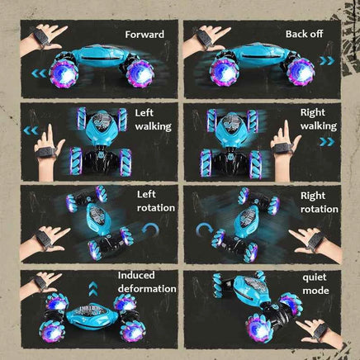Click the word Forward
(x=144, y=35)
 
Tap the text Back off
(x=304, y=34)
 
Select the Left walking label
(x=153, y=120)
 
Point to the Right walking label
(x=319, y=119)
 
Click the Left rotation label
(x=156, y=201)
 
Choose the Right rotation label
(x=320, y=202)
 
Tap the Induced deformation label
(x=147, y=282)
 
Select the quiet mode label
(x=315, y=284)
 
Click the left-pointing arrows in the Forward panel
(x=39, y=73)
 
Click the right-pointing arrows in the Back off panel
(x=327, y=61)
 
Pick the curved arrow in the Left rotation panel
(x=150, y=230)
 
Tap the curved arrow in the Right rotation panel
(x=204, y=230)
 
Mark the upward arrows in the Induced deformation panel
(x=93, y=289)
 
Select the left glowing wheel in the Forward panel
(x=64, y=73)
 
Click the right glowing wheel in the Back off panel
(x=301, y=71)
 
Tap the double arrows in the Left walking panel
(x=31, y=130)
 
